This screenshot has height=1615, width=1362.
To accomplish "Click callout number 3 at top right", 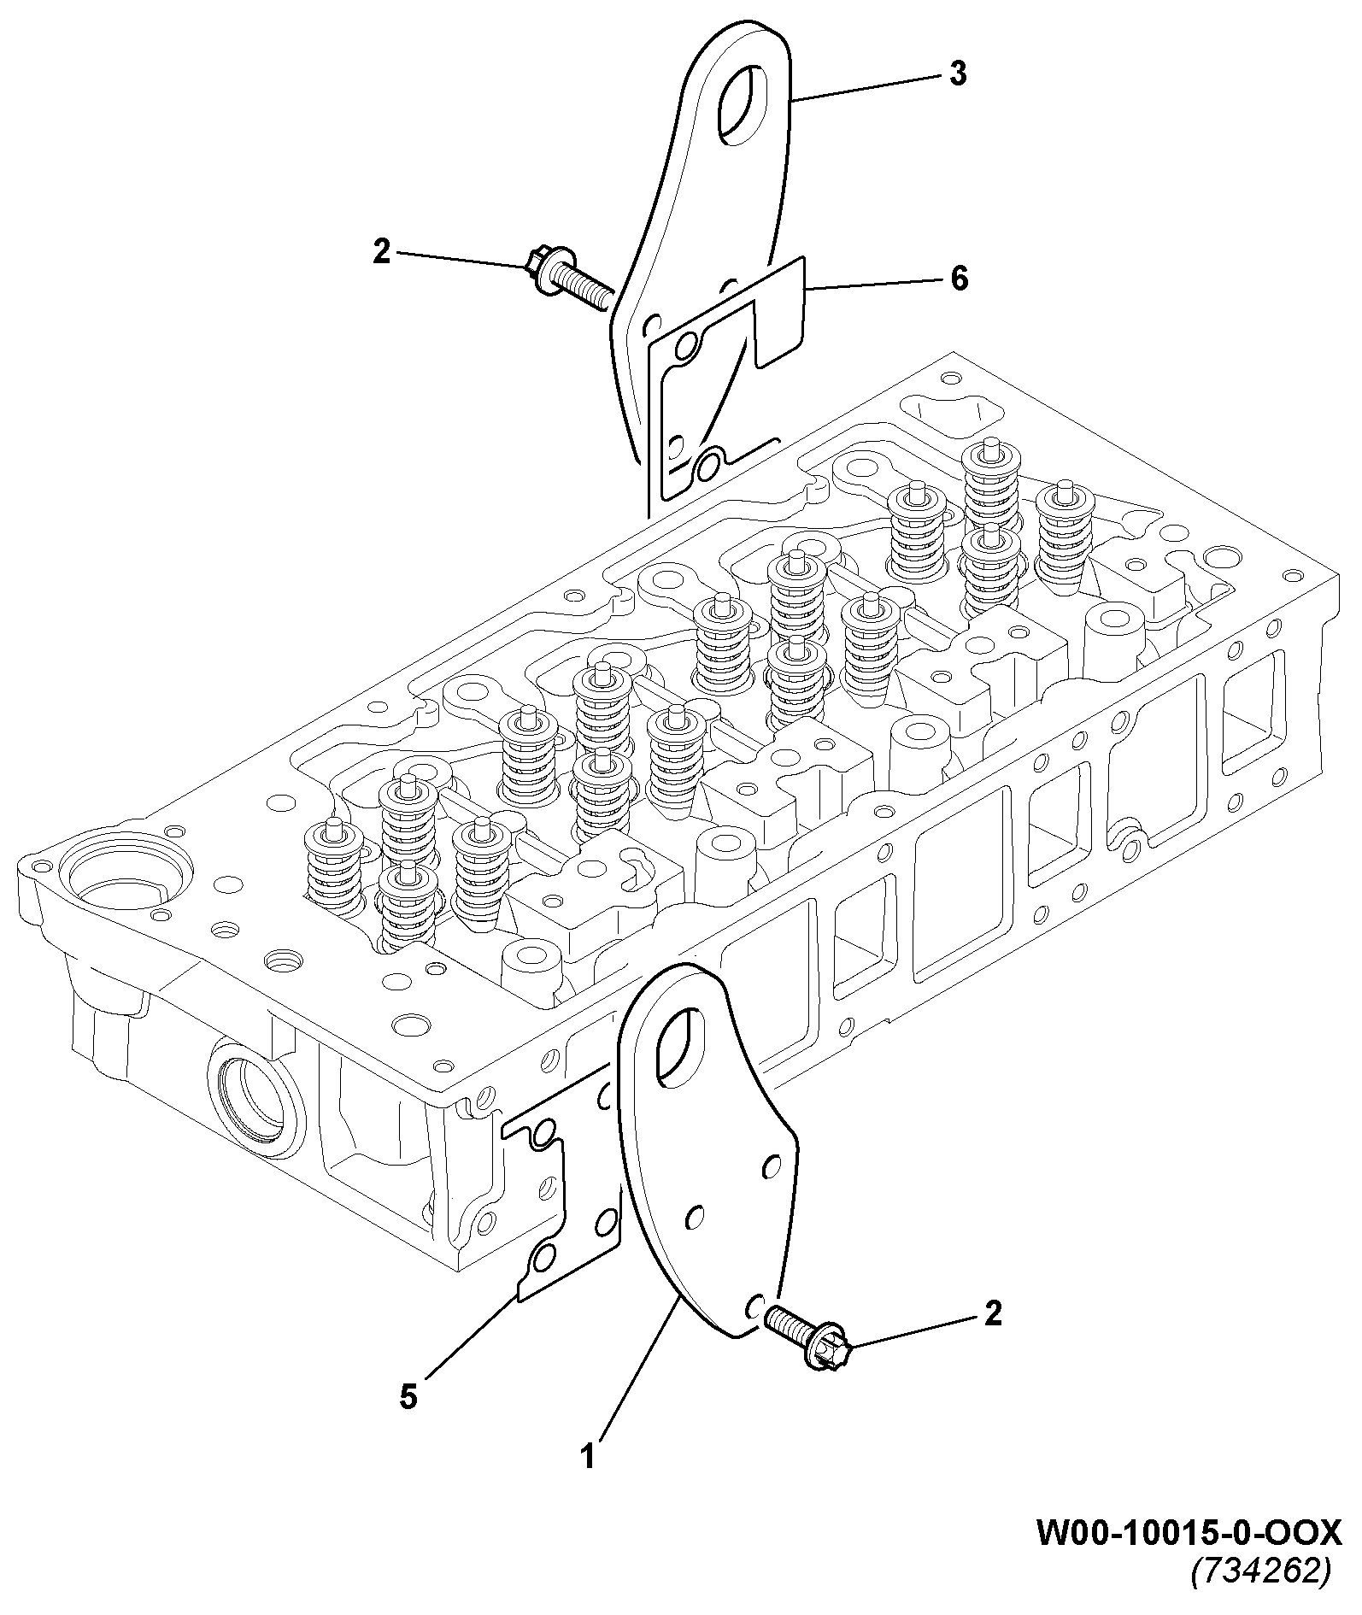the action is (957, 74).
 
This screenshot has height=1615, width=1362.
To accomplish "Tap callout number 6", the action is (959, 278).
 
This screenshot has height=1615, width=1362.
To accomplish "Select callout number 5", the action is (408, 1397).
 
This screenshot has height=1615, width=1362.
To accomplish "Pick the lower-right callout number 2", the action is (992, 1314).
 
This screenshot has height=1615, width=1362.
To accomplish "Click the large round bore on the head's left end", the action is (126, 880).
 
